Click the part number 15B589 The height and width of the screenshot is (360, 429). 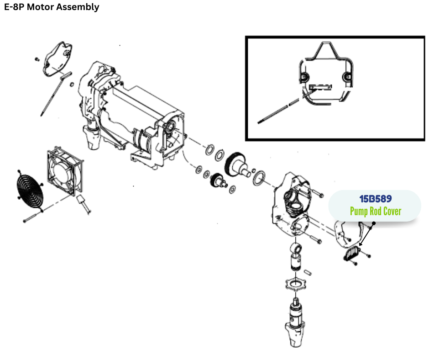(x=375, y=200)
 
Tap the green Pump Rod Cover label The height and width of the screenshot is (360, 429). (x=375, y=212)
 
